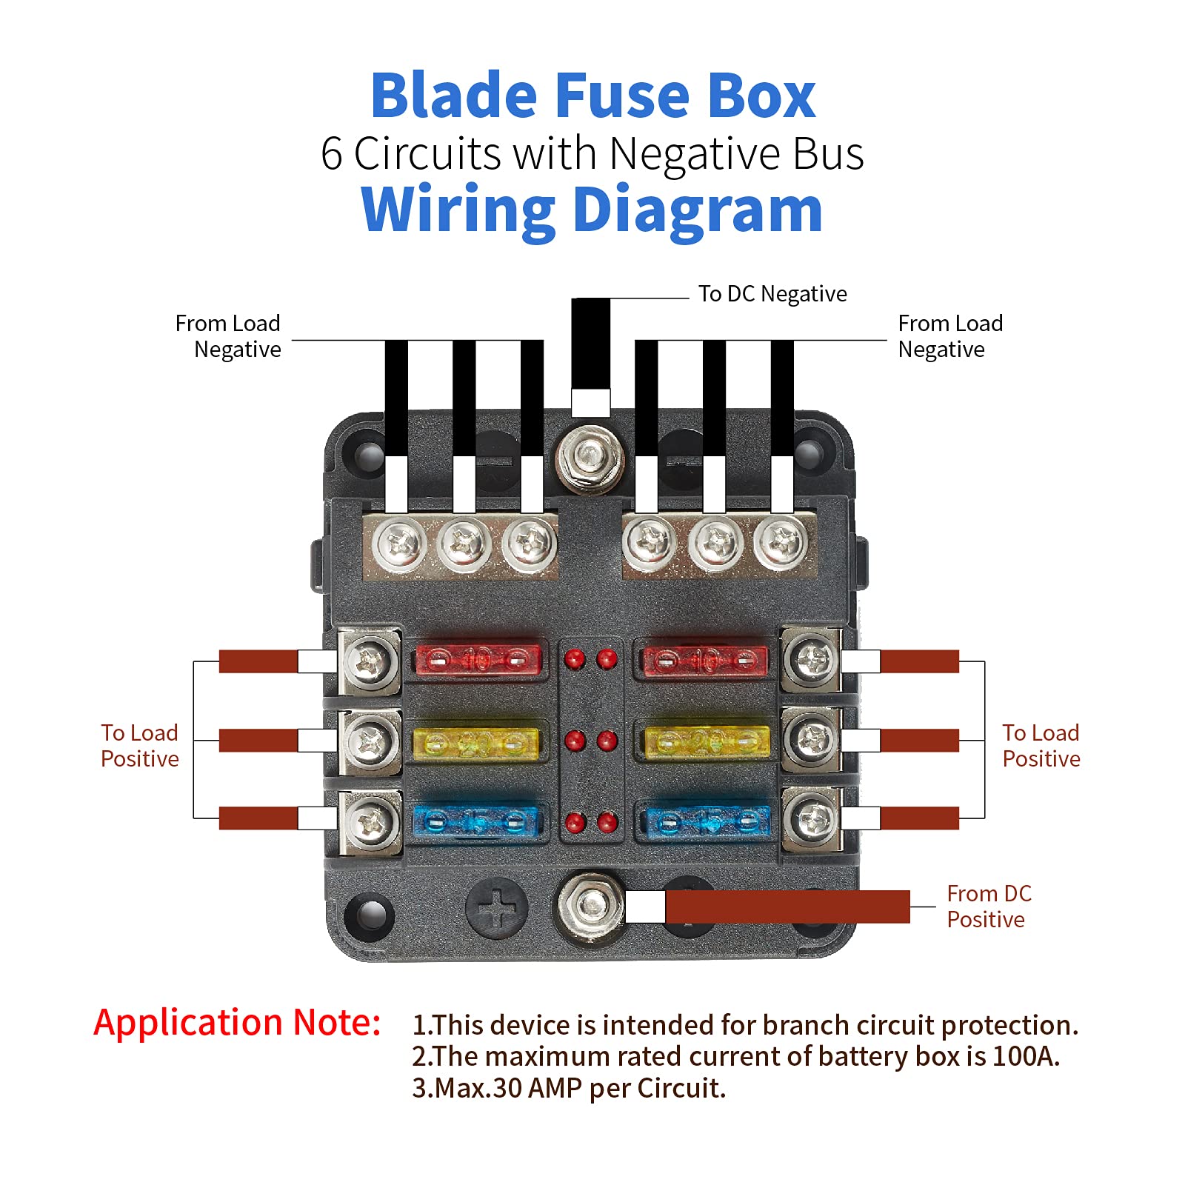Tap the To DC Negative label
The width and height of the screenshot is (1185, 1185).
tap(772, 294)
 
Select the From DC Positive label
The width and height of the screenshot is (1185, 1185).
tap(988, 907)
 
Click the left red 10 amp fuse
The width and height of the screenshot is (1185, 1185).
tap(478, 659)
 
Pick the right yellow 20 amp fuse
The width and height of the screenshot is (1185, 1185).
tap(707, 741)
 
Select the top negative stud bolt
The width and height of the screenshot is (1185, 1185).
tap(590, 456)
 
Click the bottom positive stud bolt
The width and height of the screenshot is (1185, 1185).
tap(591, 905)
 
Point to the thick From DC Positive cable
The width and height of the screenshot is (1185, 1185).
tap(785, 907)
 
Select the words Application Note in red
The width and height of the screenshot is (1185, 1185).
tap(237, 1023)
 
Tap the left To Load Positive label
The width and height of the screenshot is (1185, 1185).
tap(139, 746)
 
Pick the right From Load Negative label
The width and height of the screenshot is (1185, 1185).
tap(949, 336)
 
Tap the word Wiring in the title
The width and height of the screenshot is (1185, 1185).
tap(457, 210)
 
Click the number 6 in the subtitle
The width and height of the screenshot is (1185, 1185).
tap(331, 154)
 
